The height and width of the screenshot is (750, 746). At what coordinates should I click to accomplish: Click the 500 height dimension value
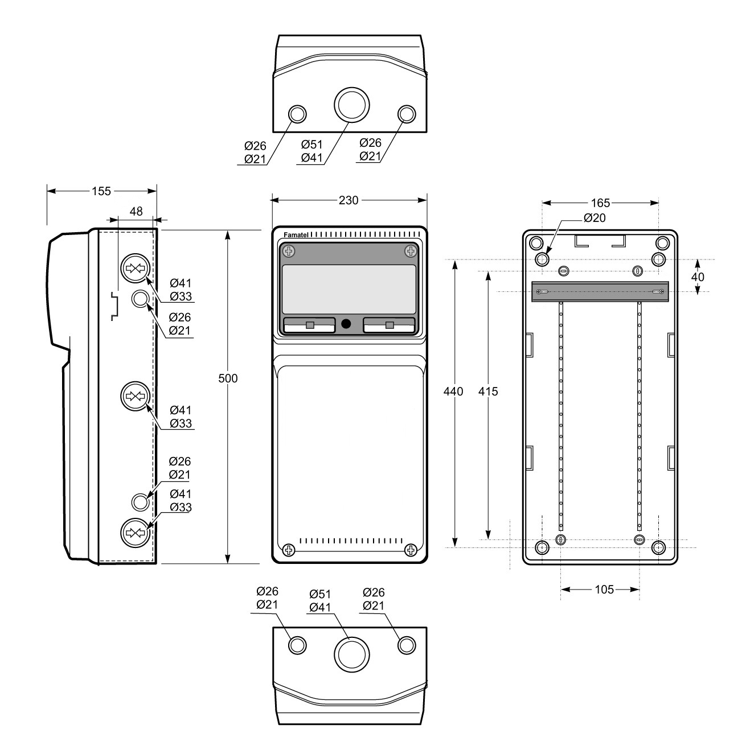228,378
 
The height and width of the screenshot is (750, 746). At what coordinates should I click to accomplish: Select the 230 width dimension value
349,200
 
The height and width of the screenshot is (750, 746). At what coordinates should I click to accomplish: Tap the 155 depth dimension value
101,191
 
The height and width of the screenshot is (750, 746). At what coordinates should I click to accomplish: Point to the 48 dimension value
136,212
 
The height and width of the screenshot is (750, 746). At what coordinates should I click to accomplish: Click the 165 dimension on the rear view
600,203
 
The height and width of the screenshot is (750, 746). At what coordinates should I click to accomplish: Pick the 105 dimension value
604,590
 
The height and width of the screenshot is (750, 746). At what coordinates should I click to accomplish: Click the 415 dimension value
488,392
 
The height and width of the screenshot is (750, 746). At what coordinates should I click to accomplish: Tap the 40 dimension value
698,277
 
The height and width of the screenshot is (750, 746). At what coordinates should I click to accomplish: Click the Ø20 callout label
595,218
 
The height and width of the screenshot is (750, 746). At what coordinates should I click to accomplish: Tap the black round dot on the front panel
346,324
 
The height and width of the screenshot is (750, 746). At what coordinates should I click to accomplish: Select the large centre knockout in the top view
351,105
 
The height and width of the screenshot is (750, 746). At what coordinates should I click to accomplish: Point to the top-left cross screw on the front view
289,251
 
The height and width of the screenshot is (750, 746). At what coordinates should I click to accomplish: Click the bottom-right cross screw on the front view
410,550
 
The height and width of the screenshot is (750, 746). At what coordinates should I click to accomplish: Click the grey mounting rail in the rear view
600,291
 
